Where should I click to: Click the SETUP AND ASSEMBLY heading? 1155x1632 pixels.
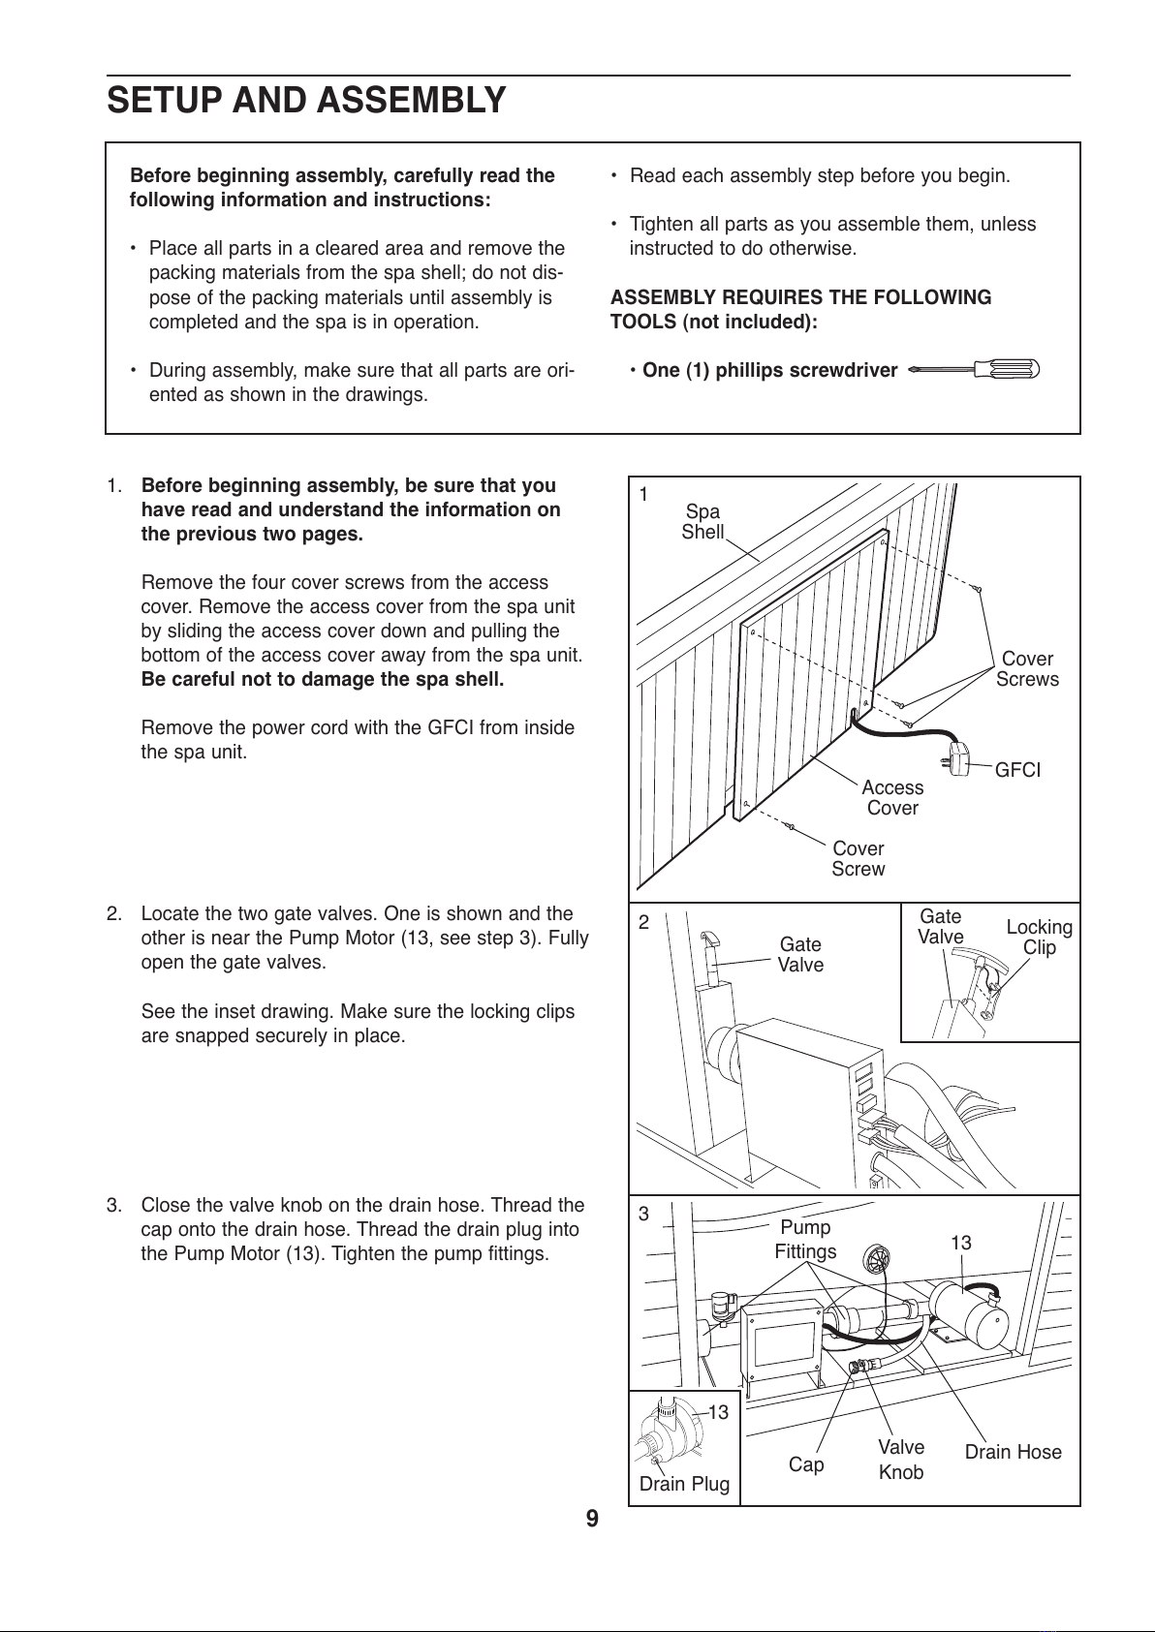[x=306, y=100]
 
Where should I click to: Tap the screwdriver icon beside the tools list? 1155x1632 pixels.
[x=974, y=369]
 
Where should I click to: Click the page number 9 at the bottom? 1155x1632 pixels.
[x=592, y=1519]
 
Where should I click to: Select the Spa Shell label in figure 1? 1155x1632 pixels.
[x=702, y=522]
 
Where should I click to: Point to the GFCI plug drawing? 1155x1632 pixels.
[x=957, y=756]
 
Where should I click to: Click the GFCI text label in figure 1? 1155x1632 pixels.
[x=1018, y=770]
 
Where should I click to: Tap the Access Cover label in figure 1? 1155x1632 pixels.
[x=892, y=798]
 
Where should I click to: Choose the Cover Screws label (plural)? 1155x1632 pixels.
[x=1027, y=669]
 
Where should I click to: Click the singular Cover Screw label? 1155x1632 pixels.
[x=858, y=859]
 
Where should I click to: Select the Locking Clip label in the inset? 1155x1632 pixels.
[x=1039, y=937]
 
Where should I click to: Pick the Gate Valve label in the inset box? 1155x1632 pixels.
[x=940, y=927]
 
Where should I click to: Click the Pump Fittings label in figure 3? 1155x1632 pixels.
[x=805, y=1240]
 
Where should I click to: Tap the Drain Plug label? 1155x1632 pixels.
[x=684, y=1484]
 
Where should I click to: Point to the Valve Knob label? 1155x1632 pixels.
[x=901, y=1460]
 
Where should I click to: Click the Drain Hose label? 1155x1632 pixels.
[x=1013, y=1452]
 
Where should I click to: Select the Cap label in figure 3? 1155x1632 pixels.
[x=806, y=1464]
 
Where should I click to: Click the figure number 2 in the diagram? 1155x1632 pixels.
[x=643, y=922]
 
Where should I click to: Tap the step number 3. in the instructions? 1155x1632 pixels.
[x=114, y=1205]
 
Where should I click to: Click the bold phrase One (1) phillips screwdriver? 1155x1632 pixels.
[x=769, y=370]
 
